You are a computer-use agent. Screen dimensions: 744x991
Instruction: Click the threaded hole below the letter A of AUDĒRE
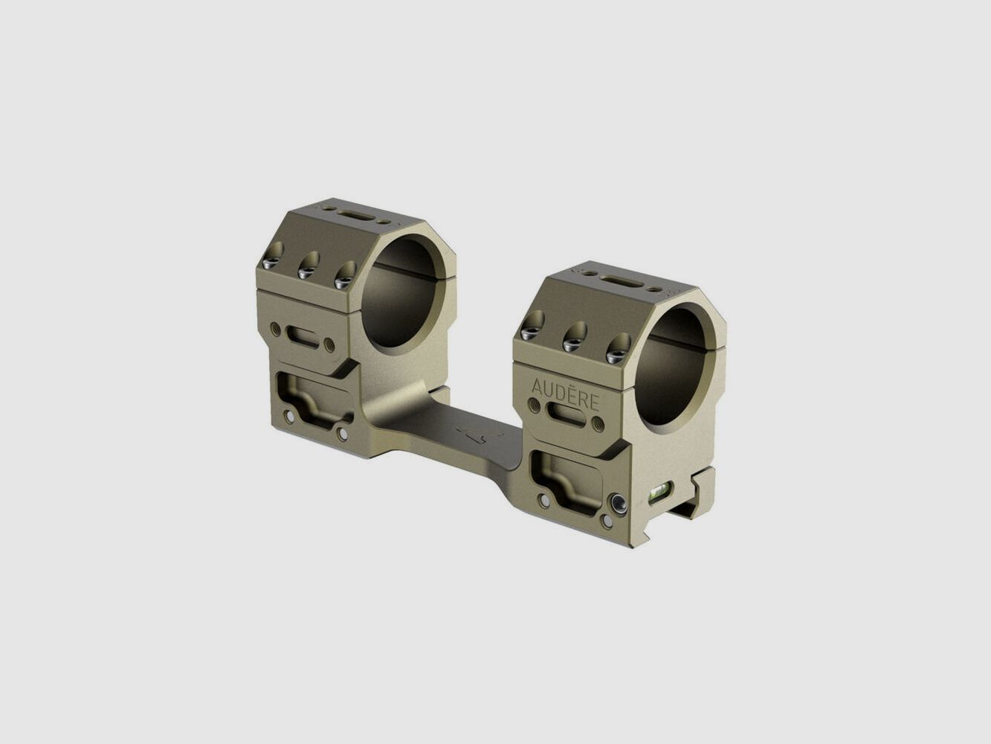click(x=534, y=405)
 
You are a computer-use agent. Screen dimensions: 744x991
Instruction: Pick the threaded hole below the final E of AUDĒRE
click(x=598, y=425)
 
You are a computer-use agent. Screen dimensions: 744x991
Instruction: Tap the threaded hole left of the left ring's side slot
click(x=276, y=327)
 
